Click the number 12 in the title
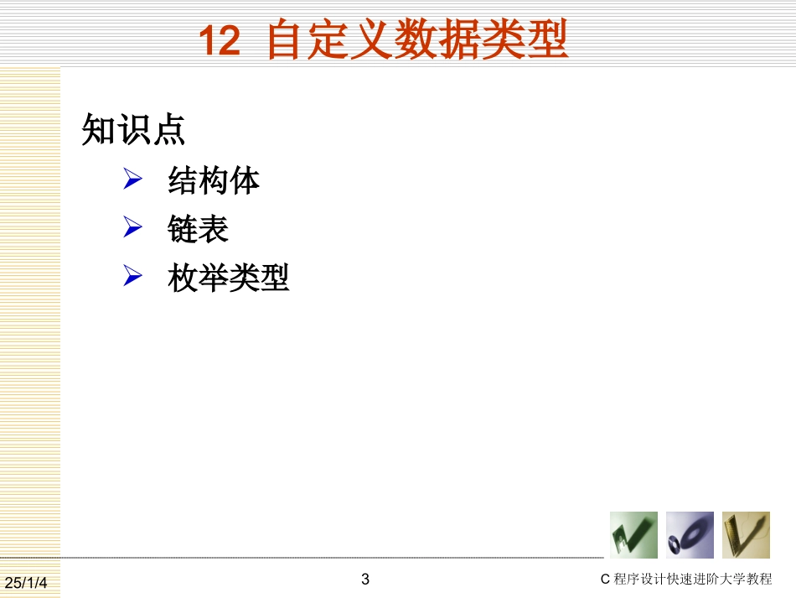(219, 41)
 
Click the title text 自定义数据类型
(417, 40)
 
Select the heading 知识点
(133, 130)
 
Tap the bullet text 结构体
(214, 180)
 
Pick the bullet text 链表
(199, 228)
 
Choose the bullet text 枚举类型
(229, 277)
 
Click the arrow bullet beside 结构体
(133, 179)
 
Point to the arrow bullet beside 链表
(133, 227)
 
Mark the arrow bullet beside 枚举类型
(133, 276)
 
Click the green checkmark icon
(633, 535)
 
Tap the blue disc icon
(690, 535)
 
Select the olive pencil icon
(746, 535)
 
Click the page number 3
(364, 579)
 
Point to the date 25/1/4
(27, 582)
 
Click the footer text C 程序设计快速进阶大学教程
(686, 580)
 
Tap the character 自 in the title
(285, 40)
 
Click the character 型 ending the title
(550, 40)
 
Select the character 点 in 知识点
(168, 130)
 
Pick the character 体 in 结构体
(245, 180)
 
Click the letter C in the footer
(606, 580)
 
